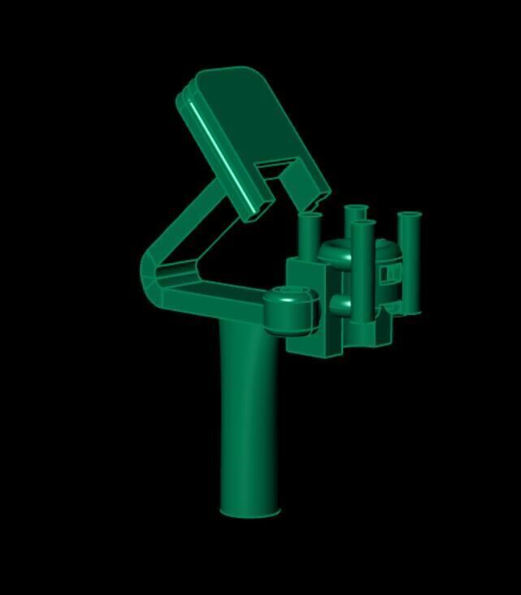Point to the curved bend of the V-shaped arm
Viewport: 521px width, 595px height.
click(152, 272)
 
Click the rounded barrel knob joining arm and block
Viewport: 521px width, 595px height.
click(289, 312)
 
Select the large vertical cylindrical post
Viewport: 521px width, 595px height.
click(248, 414)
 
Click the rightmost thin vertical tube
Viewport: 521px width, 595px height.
click(409, 260)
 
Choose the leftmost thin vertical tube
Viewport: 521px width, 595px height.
click(310, 235)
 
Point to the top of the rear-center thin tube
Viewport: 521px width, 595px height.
click(355, 210)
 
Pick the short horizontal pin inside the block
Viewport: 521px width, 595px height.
click(341, 305)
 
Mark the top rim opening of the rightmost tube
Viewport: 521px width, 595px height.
click(409, 216)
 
